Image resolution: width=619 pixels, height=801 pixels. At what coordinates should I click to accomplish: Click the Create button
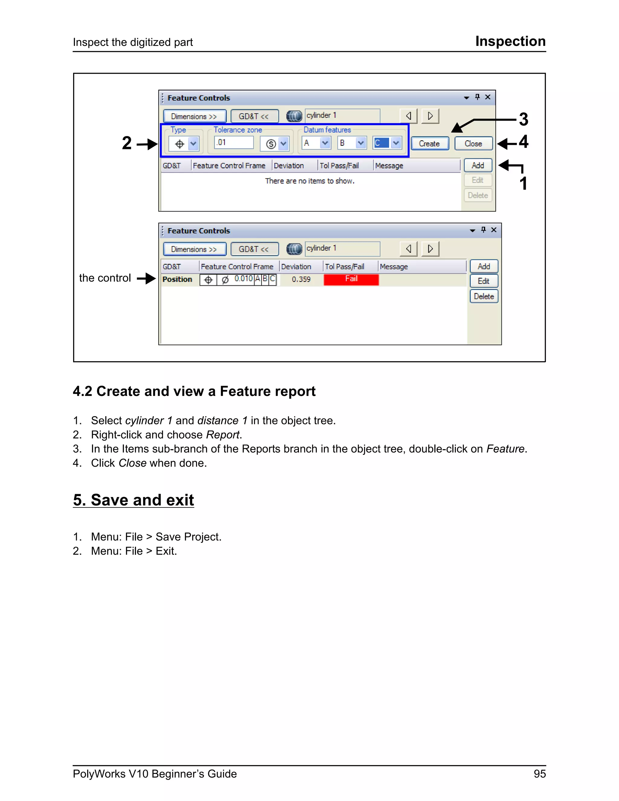[x=429, y=143]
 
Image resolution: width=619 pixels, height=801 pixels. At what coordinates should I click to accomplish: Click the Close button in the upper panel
[x=473, y=143]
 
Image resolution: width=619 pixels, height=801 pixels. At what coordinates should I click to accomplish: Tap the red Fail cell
[x=351, y=279]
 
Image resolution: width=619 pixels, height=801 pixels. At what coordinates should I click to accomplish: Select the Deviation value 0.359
[x=301, y=280]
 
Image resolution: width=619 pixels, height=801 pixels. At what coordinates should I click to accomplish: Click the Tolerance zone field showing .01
[x=234, y=142]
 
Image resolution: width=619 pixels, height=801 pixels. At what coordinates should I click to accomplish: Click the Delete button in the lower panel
[x=484, y=296]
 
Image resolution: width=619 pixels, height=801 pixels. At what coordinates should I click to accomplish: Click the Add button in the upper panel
[x=478, y=165]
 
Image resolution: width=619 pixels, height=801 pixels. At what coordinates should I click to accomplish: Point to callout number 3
[x=523, y=120]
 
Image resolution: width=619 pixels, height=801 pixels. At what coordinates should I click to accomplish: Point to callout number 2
[x=127, y=143]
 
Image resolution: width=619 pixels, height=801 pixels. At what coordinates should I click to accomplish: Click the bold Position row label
[x=177, y=280]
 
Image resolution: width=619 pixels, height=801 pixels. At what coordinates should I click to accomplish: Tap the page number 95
[x=540, y=774]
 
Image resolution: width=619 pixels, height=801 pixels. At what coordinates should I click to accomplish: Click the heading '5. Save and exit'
[x=134, y=500]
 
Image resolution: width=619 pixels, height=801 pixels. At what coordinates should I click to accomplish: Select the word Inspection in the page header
[x=510, y=41]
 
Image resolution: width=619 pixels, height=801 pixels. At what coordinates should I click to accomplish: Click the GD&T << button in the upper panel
[x=254, y=116]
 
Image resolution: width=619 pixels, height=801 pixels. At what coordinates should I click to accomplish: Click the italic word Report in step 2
[x=222, y=435]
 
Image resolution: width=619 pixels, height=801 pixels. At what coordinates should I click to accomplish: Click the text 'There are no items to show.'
[x=309, y=181]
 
